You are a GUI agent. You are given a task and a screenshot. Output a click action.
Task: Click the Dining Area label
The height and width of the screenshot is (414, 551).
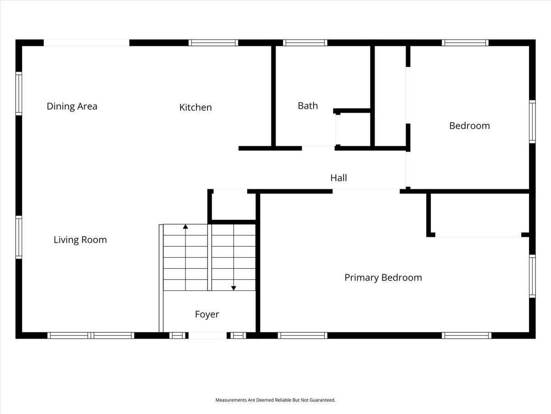pos(72,106)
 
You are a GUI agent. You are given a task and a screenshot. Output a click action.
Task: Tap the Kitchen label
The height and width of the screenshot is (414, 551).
pos(196,107)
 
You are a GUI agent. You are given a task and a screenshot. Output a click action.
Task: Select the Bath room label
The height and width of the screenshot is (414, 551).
pos(308,106)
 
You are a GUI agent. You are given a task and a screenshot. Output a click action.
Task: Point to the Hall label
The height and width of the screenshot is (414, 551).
pos(338,178)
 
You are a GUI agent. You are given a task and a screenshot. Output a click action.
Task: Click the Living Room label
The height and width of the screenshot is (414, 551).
pos(80,240)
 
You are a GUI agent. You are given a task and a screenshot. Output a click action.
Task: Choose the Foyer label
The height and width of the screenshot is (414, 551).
pos(207,315)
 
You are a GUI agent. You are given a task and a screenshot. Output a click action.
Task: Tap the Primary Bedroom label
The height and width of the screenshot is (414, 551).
pos(383,278)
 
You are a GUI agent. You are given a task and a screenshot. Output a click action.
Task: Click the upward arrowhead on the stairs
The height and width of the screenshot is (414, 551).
pos(186,227)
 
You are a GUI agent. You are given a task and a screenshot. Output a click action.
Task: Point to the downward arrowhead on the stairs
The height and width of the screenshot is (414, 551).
pos(234,288)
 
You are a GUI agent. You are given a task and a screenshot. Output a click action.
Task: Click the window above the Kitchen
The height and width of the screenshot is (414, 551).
pos(214,43)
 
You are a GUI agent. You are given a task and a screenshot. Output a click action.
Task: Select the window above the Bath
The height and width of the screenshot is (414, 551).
pos(305,43)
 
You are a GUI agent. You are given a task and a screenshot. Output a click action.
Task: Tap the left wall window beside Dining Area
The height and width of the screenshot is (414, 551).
pos(19,93)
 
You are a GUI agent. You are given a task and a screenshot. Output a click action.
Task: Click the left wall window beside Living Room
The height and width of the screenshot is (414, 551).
pos(19,237)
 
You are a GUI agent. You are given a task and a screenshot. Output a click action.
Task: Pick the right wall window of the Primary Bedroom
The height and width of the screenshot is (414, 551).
pos(532,276)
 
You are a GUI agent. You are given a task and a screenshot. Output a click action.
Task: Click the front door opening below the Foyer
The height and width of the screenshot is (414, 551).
pos(208,335)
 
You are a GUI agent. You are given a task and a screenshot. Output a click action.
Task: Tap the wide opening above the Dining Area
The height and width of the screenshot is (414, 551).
pos(87,43)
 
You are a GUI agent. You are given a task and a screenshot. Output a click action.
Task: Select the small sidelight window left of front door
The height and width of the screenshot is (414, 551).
pos(177,335)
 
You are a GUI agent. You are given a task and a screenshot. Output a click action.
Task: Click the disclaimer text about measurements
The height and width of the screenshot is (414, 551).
pos(275,400)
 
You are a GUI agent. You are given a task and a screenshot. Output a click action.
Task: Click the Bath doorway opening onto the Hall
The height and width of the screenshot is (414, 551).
pos(318,148)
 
